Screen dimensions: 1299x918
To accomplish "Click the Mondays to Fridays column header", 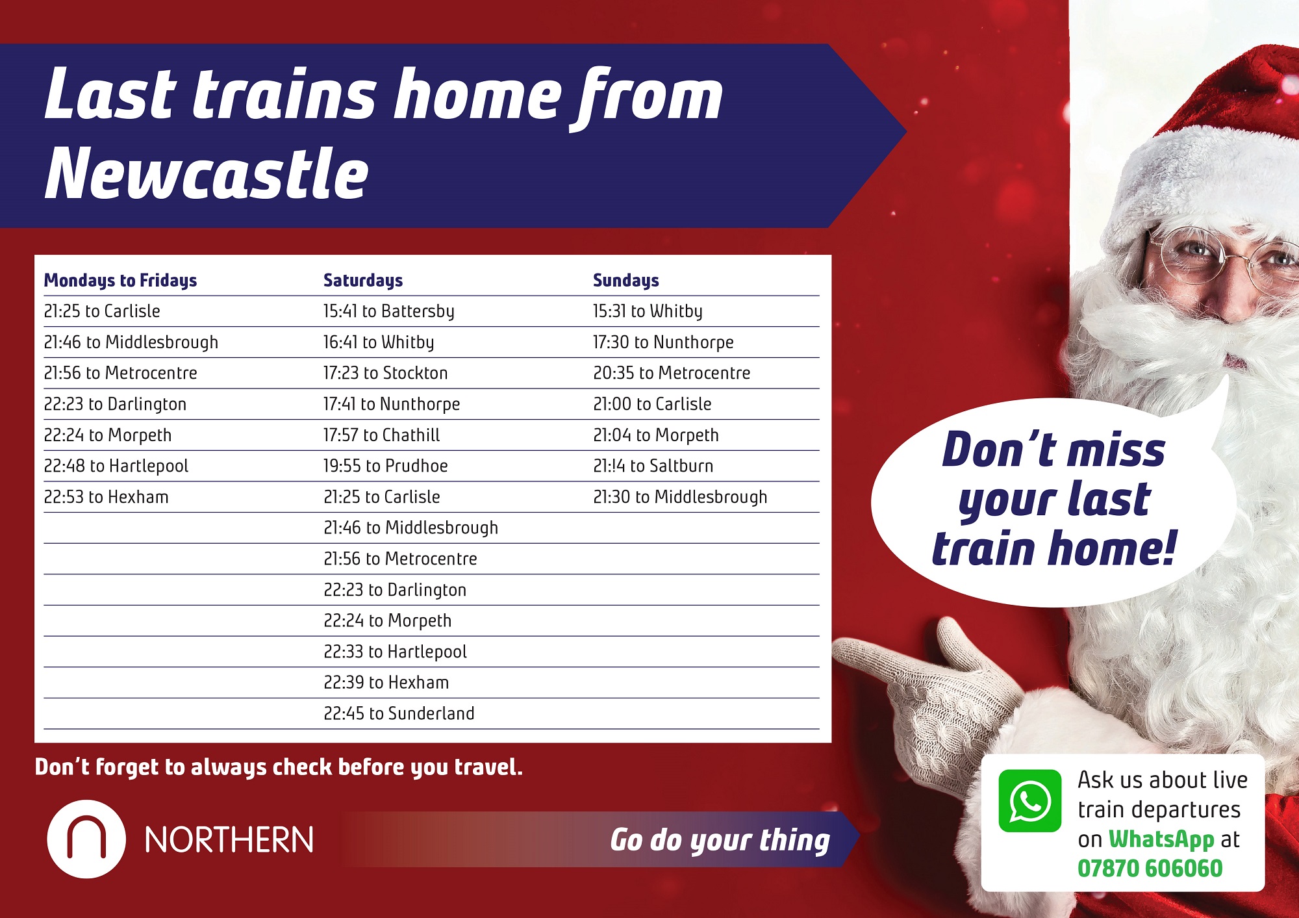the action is point(120,281).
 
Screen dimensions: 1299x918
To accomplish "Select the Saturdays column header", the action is point(363,281).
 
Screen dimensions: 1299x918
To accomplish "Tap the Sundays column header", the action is point(626,280).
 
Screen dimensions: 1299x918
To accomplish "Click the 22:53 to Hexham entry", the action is point(106,497).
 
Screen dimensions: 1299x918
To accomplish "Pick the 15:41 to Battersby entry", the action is point(389,311).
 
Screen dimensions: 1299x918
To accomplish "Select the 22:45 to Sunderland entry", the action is point(399,713).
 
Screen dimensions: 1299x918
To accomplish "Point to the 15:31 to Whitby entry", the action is point(648,311).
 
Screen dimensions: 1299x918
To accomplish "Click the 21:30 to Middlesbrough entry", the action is point(680,497).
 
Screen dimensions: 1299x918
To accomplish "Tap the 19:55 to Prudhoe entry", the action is point(386,466).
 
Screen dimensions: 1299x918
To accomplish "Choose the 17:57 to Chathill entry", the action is point(382,435).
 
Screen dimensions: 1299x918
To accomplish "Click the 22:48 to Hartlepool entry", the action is point(116,466).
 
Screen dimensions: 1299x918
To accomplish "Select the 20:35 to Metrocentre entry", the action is point(672,373).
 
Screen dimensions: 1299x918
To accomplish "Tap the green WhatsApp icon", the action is point(1029,800).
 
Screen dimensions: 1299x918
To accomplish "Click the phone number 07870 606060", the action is point(1150,868).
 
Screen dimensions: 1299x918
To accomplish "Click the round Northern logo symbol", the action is point(86,839).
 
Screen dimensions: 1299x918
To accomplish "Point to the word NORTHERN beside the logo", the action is point(229,840).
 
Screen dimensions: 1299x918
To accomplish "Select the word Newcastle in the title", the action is point(207,172).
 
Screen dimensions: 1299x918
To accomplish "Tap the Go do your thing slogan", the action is point(720,840).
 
